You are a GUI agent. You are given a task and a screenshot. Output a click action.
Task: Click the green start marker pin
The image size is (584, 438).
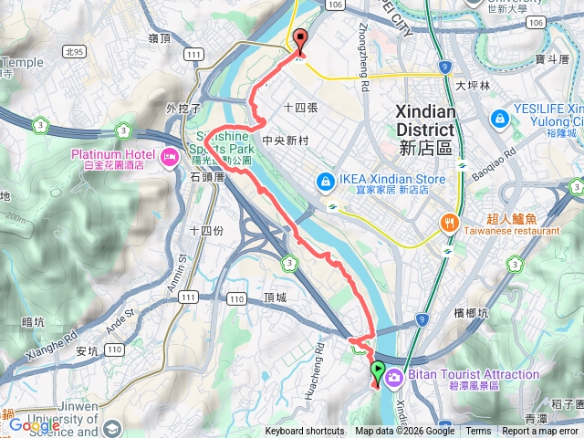(378, 370)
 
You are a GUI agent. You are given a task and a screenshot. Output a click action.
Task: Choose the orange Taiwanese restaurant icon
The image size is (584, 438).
(449, 221)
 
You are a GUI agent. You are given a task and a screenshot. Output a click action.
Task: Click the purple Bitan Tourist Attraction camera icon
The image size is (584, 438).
(393, 376)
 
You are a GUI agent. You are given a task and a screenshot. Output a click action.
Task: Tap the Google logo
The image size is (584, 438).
(34, 425)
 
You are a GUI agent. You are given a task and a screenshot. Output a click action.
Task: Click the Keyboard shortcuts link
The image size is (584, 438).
(305, 432)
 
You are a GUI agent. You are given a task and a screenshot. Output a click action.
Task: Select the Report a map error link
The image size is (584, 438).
(541, 432)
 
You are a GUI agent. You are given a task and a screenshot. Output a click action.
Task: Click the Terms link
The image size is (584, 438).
(478, 432)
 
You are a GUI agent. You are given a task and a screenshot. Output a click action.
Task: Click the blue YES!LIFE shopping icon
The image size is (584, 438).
(500, 119)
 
